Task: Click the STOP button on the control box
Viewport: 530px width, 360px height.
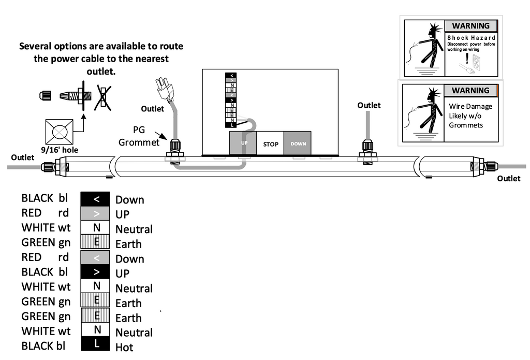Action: point(270,143)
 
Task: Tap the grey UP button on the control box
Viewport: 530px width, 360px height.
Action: point(243,143)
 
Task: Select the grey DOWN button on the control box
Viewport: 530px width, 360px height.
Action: point(298,143)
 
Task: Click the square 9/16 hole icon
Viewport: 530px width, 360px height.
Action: point(60,132)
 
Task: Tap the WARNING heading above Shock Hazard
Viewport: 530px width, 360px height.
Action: point(470,26)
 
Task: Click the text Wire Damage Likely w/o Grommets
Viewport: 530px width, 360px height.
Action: point(470,116)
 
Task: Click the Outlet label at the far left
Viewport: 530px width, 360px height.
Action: point(22,157)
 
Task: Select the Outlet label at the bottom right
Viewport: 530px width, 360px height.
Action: point(509,178)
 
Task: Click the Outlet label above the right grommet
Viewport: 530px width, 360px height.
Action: point(369,105)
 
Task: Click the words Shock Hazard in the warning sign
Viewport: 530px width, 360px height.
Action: point(471,38)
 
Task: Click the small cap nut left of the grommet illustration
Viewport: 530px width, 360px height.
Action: point(46,95)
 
